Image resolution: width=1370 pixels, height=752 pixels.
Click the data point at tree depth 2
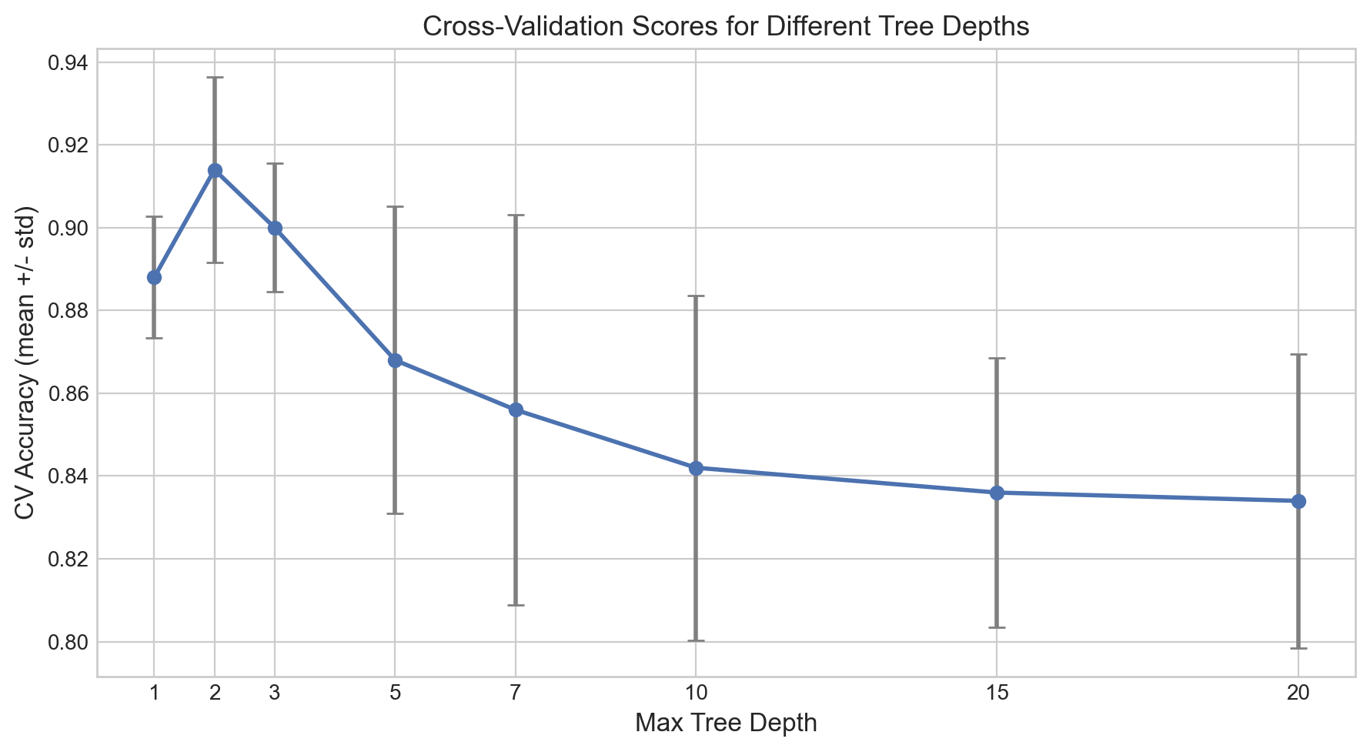point(215,170)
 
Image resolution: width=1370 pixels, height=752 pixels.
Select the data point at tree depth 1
point(154,277)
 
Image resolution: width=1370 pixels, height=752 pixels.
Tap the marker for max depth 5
point(395,360)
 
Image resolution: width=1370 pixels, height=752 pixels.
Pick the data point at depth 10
point(696,468)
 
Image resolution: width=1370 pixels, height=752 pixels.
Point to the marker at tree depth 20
point(1298,501)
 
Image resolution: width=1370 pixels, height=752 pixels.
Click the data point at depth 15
point(997,493)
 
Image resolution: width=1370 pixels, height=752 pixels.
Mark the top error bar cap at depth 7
point(516,215)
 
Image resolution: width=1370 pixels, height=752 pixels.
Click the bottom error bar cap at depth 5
point(395,513)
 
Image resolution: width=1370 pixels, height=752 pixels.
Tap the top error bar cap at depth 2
point(215,77)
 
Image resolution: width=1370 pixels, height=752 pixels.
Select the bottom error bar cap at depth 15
point(997,627)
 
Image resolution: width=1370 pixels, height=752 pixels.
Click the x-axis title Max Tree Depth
point(726,724)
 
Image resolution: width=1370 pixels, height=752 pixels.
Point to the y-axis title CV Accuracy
point(26,363)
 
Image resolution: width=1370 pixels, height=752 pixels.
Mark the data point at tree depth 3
point(275,228)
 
